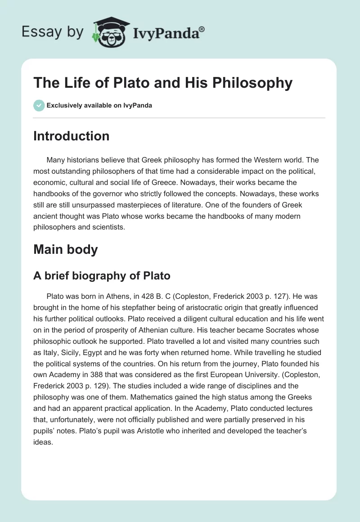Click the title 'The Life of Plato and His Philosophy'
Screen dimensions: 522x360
[163, 83]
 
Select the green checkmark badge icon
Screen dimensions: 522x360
[39, 105]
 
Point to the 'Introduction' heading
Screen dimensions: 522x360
[71, 136]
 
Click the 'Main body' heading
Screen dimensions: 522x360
[65, 249]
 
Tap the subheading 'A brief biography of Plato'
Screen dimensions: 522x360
[102, 275]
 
